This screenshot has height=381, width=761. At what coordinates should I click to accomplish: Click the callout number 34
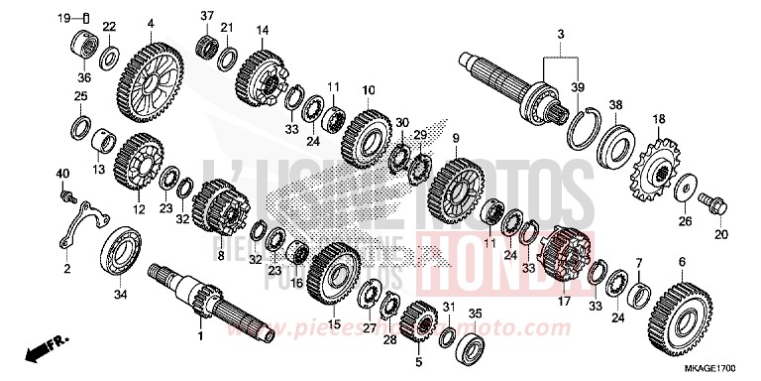(x=120, y=294)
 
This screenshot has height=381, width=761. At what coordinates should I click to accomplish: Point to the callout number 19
(x=62, y=17)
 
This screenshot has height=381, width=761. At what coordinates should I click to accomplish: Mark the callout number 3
(x=560, y=35)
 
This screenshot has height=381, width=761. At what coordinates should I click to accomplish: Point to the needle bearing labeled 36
(x=82, y=46)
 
